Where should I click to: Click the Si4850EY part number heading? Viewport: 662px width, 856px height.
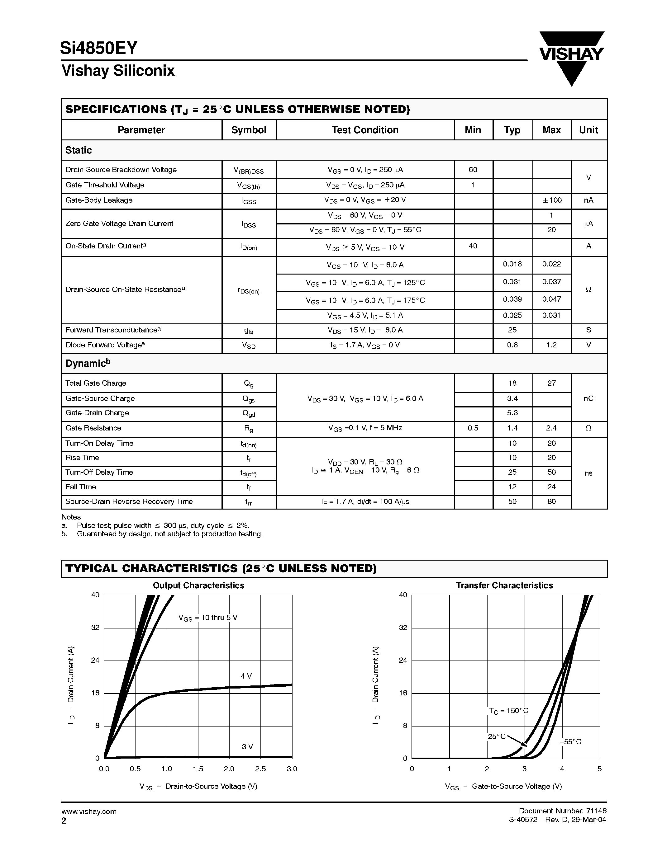pos(99,48)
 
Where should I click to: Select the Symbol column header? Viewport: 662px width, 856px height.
pos(249,130)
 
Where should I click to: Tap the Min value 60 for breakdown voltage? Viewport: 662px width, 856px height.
pos(473,170)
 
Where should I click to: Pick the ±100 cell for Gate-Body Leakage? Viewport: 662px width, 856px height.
pos(551,200)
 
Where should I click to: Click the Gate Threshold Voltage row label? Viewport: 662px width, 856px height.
pos(105,185)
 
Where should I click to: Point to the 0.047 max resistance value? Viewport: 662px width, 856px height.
pos(551,299)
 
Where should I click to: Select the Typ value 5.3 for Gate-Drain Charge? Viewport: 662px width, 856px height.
pos(512,413)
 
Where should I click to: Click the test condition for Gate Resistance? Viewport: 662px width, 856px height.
pos(365,428)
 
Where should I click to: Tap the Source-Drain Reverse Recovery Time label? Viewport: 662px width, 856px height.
pos(129,502)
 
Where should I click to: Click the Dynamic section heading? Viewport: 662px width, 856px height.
pos(88,363)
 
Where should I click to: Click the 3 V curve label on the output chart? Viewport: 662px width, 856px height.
pos(247,747)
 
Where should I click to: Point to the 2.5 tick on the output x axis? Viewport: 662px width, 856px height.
pos(260,769)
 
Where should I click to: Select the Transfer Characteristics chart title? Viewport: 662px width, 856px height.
pos(504,586)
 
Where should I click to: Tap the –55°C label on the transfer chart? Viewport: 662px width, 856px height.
pos(571,742)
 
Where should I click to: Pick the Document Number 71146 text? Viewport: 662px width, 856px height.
pos(562,811)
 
